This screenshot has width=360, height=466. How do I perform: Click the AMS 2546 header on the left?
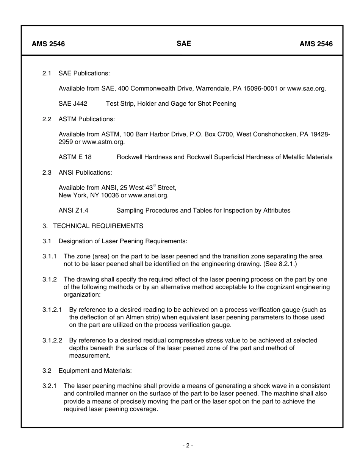pos(48,44)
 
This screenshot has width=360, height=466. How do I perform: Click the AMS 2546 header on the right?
pos(316,44)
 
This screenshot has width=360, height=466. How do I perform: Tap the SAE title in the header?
pos(184,44)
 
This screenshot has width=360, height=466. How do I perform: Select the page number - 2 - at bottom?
pos(188,446)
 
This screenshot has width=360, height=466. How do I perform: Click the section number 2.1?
pos(47,73)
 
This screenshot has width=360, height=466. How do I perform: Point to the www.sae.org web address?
pos(306,89)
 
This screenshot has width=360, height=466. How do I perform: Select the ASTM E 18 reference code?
pos(75,157)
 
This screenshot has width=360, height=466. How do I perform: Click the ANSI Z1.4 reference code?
pos(74,211)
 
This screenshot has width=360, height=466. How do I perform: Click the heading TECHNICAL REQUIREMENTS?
pos(98,226)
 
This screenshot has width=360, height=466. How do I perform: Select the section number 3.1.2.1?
pos(52,310)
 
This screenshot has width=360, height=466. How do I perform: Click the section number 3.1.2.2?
pos(52,341)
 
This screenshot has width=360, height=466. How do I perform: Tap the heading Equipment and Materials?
pos(95,371)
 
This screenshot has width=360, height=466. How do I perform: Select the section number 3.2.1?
pos(50,386)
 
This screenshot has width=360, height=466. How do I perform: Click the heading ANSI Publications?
pos(85,173)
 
